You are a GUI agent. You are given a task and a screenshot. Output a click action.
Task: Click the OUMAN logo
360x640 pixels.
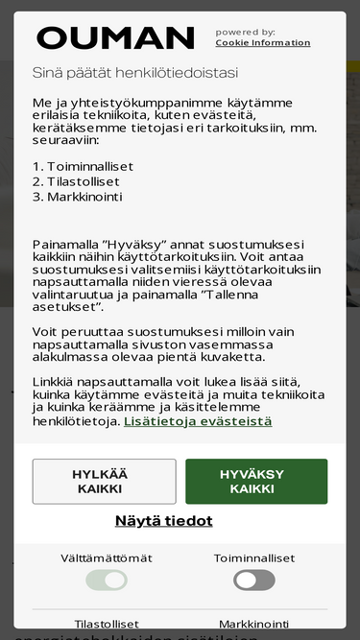115,38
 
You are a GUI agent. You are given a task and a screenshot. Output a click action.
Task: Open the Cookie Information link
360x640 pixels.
262,43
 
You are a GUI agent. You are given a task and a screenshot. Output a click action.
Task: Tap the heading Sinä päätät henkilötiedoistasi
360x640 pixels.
135,72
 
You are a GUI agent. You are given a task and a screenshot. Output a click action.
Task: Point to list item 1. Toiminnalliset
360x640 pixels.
83,166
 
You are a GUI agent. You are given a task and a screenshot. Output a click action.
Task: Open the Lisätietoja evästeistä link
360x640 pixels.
198,421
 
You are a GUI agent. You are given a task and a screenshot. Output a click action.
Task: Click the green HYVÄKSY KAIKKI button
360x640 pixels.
256,482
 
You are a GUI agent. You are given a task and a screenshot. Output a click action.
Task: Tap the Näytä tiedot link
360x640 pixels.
164,521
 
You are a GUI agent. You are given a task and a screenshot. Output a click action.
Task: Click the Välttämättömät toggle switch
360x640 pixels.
107,580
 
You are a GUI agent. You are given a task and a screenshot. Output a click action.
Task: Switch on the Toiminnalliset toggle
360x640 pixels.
254,580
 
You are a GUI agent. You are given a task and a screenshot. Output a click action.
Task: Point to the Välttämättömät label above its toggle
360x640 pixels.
107,557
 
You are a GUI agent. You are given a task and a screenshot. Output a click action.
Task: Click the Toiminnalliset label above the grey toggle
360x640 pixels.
254,557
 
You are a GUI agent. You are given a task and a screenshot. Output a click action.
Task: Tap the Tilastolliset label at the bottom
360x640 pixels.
107,624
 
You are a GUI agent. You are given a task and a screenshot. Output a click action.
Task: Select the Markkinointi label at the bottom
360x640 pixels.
254,624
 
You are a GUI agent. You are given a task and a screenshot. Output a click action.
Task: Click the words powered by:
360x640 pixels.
246,32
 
